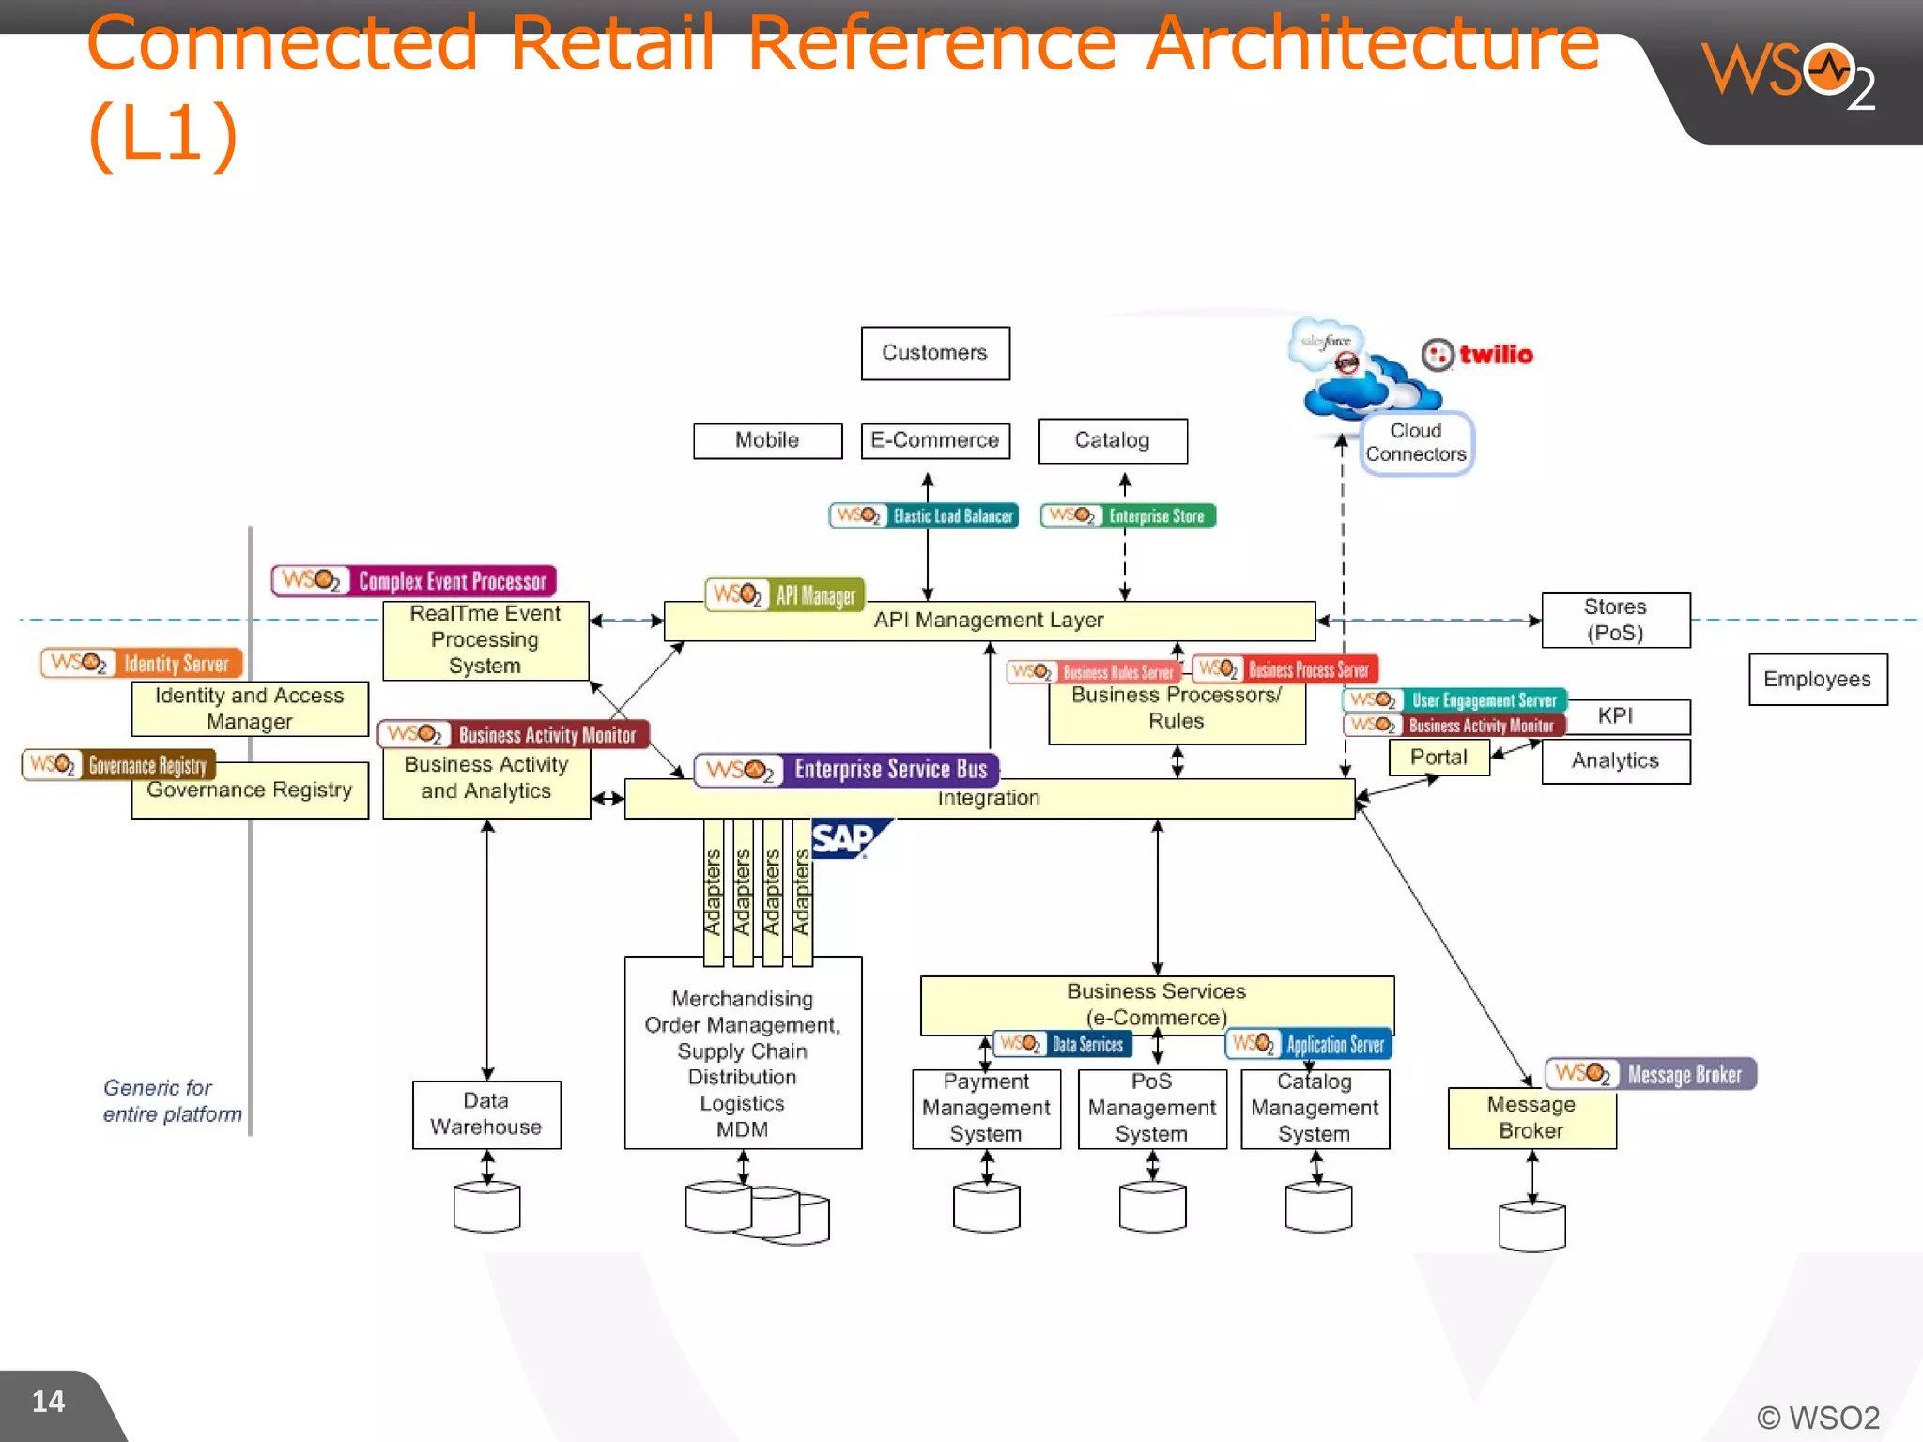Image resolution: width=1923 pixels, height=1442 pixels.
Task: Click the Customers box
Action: (x=935, y=353)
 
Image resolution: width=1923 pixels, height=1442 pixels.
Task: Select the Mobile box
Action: (x=767, y=440)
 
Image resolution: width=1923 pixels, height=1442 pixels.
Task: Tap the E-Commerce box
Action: (x=935, y=440)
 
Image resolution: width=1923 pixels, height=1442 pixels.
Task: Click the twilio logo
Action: (x=1478, y=355)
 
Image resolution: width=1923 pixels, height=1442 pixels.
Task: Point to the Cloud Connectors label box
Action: (x=1416, y=443)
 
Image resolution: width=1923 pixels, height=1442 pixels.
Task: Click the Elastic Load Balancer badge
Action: (x=924, y=515)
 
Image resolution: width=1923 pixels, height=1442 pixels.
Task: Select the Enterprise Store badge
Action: (x=1128, y=515)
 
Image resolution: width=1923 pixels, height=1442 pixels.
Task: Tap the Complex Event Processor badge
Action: (x=414, y=581)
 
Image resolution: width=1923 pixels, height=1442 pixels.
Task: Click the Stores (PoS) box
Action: (x=1615, y=620)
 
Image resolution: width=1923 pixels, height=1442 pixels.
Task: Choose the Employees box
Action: (x=1817, y=679)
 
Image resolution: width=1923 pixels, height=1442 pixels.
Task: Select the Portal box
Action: (x=1438, y=758)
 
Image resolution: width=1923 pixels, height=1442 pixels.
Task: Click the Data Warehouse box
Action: (x=486, y=1114)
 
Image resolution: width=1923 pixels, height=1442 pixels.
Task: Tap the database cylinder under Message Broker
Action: (x=1531, y=1226)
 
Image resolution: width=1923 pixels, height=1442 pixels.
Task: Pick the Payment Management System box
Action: (x=986, y=1110)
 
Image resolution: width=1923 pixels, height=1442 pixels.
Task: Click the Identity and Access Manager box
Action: (x=250, y=709)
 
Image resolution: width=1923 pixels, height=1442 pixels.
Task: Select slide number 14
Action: (x=49, y=1402)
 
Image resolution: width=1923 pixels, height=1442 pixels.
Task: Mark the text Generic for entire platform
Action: (x=171, y=1101)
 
